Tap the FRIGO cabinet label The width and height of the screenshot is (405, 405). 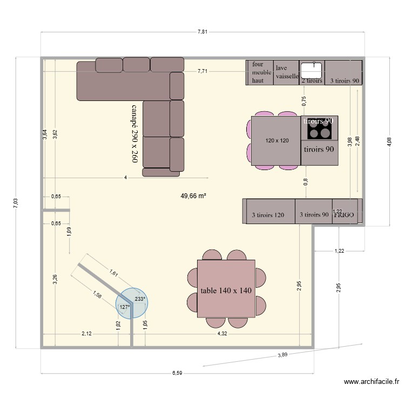344,214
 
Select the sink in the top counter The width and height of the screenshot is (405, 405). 312,69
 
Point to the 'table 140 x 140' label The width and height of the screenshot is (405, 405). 226,291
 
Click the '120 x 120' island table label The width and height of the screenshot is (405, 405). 276,140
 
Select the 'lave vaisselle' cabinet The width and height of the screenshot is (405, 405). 287,72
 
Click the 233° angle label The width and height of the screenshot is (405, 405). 140,299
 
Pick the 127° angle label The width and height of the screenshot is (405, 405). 124,307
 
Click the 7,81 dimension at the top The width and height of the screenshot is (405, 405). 202,32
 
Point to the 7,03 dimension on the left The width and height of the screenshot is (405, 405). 16,202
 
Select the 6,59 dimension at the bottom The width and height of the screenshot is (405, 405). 177,373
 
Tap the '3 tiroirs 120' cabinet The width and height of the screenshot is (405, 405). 268,214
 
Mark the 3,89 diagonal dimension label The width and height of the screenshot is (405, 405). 283,355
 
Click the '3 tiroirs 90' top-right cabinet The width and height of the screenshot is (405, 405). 343,80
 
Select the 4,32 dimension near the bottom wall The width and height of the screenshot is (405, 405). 222,334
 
